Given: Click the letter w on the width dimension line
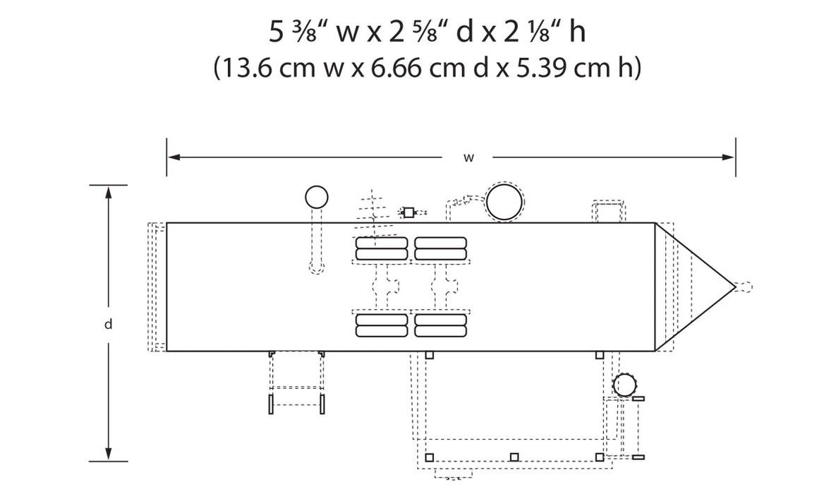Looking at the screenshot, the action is (468, 157).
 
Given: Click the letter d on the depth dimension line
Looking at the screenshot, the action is (108, 324).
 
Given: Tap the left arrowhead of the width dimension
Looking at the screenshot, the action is (174, 157).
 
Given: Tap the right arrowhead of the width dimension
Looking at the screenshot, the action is (729, 157).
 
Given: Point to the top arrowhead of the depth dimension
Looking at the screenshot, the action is (108, 193).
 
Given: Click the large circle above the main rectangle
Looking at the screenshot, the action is (504, 203).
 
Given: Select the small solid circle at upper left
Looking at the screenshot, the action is (316, 198).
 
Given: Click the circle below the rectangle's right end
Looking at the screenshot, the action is (624, 385).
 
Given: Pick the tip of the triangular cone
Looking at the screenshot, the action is (736, 287).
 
